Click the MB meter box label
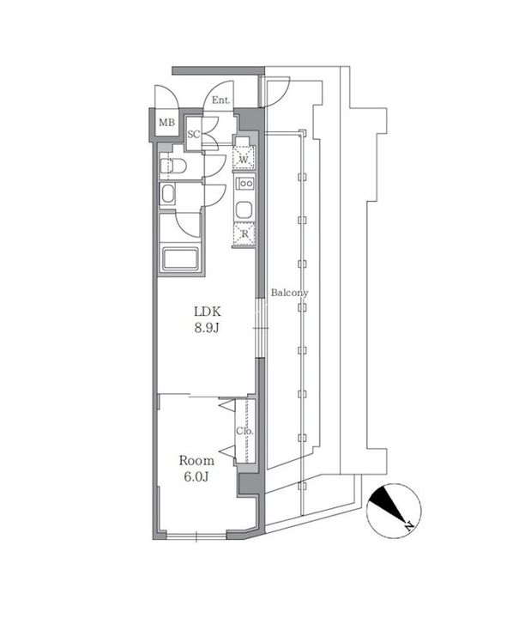point(166,123)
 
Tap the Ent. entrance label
point(220,100)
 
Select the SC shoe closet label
point(193,135)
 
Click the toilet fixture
point(173,166)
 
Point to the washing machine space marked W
point(244,158)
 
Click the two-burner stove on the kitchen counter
point(245,184)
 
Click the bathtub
point(180,259)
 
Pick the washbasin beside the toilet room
point(168,194)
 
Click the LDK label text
point(208,312)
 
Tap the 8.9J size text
point(207,328)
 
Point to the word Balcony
point(289,293)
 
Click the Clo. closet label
point(244,431)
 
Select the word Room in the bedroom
point(196,460)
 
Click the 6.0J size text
point(196,477)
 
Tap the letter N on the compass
point(409,525)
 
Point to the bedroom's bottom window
point(196,536)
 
